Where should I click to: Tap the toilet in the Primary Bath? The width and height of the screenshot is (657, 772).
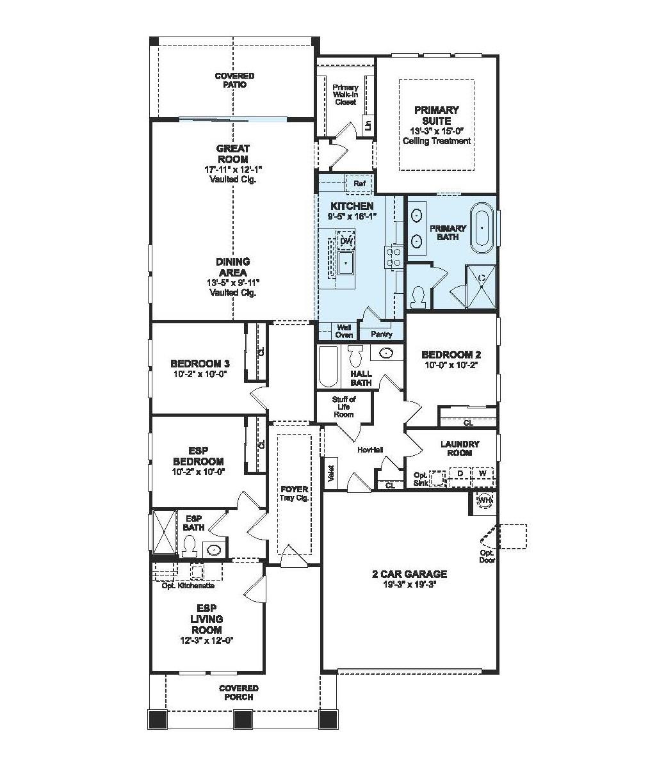tap(420, 296)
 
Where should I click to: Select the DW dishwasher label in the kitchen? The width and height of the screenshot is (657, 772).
tap(346, 241)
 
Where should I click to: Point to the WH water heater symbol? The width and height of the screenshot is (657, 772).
tap(483, 499)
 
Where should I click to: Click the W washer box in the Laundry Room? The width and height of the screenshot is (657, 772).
tap(483, 474)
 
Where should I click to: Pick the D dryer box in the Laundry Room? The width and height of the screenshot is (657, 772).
tap(459, 474)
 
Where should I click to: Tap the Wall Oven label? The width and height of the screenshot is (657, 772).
tap(344, 331)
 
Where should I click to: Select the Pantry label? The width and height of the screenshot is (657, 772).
tap(382, 334)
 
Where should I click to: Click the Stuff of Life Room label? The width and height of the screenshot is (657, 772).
tap(343, 406)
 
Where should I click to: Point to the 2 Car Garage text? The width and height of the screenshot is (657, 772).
tap(409, 574)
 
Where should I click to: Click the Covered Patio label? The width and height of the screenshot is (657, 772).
tap(234, 80)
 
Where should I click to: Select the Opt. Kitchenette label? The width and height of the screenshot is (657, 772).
tap(188, 586)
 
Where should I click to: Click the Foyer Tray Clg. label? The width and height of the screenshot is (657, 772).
tap(294, 493)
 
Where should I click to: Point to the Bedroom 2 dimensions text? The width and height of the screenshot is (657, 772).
tap(451, 364)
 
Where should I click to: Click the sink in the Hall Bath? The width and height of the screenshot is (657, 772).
tap(386, 353)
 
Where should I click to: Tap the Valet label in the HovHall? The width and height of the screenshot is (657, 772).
tap(332, 472)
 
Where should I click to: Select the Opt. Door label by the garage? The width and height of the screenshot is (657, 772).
tap(487, 556)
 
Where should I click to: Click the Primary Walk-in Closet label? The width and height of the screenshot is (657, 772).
tap(345, 94)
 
